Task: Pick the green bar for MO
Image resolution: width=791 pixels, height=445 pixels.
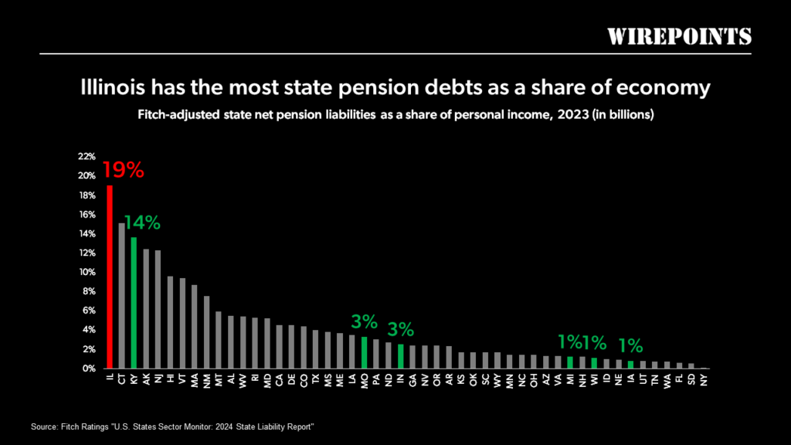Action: [364, 352]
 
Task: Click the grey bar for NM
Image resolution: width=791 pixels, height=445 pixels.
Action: [206, 332]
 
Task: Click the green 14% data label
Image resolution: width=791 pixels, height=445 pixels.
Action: [142, 223]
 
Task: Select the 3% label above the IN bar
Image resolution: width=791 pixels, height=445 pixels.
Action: [401, 329]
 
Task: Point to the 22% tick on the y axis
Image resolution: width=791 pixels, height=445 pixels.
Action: [87, 156]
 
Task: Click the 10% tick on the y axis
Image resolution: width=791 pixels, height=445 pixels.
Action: [87, 272]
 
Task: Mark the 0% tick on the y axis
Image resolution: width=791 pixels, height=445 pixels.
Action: [89, 369]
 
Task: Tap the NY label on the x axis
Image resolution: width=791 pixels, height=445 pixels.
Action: [704, 379]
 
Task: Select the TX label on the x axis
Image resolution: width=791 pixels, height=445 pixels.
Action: [315, 379]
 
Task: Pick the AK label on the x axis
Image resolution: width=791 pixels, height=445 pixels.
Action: [146, 379]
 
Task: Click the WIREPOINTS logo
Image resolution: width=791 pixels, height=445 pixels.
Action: [678, 36]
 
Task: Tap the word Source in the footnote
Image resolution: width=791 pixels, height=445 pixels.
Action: [45, 427]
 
